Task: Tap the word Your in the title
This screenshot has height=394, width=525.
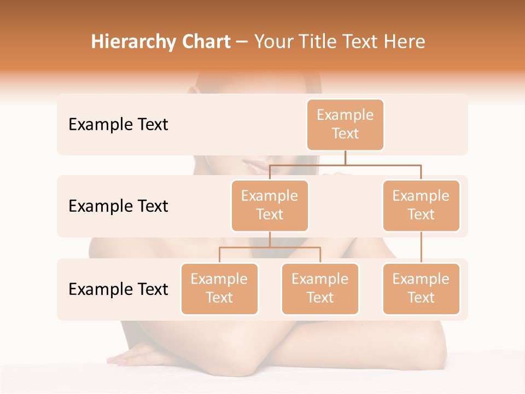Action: [x=274, y=42]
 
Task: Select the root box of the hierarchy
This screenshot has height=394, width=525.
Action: [x=345, y=124]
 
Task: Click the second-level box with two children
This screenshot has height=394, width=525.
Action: [x=270, y=205]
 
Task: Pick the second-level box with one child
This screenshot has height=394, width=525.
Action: [x=421, y=205]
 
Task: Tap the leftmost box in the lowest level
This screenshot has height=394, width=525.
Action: [x=219, y=288]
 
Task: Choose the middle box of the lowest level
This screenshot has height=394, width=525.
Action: [x=320, y=288]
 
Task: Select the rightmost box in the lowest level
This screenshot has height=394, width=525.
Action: [x=421, y=288]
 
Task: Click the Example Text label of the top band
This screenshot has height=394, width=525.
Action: [x=118, y=125]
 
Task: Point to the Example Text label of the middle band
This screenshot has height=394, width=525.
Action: [x=118, y=206]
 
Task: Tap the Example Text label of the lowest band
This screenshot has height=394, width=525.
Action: [x=118, y=289]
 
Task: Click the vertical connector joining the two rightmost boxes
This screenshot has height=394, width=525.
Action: [x=421, y=247]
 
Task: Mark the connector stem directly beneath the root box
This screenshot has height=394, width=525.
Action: [x=345, y=158]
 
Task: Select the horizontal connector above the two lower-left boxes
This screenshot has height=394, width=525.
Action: [x=270, y=247]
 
